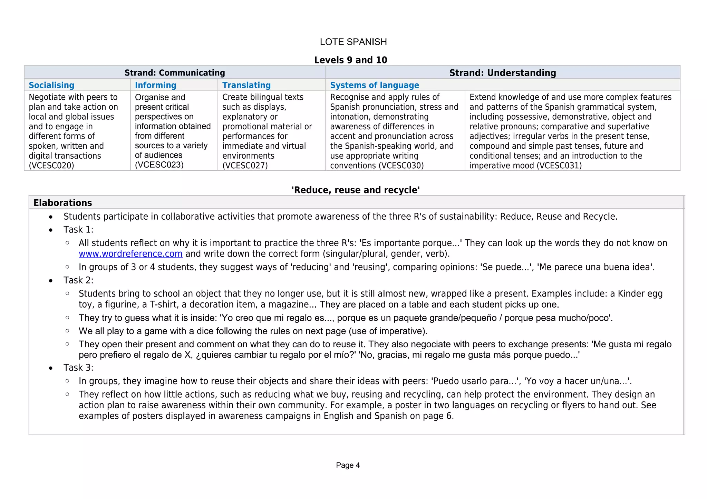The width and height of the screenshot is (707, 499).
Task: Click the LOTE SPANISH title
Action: (353, 42)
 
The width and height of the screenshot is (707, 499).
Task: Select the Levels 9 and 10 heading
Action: (350, 60)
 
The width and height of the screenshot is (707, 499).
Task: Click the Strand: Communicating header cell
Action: (175, 73)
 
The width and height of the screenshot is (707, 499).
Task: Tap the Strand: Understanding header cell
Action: (502, 73)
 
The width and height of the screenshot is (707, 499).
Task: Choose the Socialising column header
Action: (51, 85)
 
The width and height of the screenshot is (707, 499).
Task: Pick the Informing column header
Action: (155, 85)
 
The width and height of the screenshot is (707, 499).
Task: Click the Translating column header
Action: (246, 85)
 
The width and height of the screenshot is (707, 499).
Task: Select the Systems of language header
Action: (374, 85)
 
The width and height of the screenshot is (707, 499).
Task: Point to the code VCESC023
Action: (159, 165)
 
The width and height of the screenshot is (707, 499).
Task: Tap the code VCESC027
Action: (245, 166)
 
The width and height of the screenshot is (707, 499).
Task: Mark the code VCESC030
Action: (401, 166)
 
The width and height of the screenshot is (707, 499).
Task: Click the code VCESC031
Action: (559, 166)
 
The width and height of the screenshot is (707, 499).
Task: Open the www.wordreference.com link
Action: (130, 254)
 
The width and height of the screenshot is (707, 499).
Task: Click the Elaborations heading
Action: (62, 203)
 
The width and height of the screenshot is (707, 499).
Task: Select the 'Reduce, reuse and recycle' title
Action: (356, 190)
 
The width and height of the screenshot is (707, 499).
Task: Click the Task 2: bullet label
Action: (78, 280)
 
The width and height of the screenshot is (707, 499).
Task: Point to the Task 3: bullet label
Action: (78, 368)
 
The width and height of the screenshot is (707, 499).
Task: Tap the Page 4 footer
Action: (348, 465)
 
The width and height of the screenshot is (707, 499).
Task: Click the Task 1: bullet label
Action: (78, 230)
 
